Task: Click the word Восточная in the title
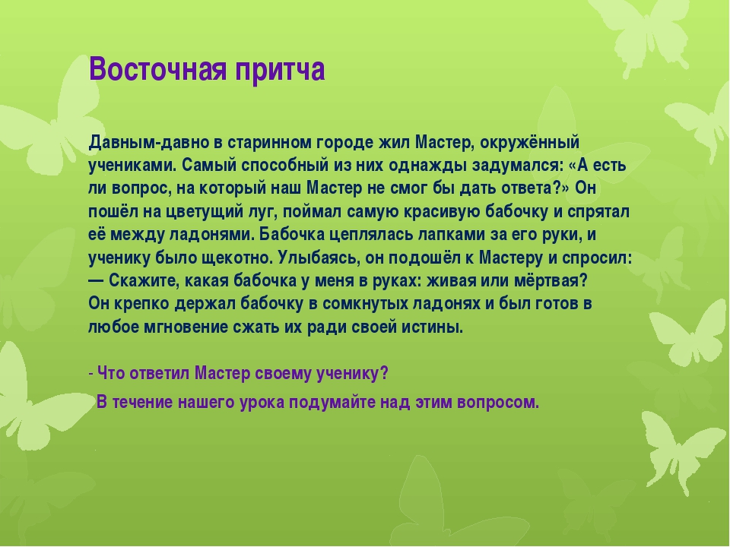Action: (158, 69)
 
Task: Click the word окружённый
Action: (530, 143)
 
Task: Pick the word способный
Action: (285, 166)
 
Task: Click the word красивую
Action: (442, 212)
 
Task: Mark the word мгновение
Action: (192, 327)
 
